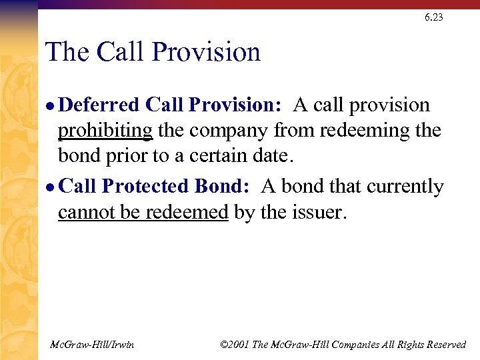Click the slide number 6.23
click(433, 17)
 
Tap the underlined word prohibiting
click(105, 131)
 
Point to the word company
click(226, 131)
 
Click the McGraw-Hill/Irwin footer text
click(92, 345)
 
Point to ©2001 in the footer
click(235, 345)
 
